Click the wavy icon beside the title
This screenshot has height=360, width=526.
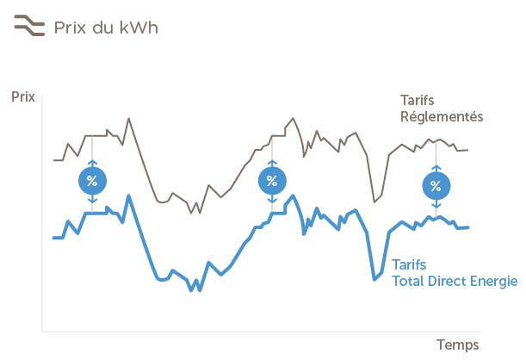click(x=28, y=28)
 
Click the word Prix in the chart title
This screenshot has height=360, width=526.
click(x=71, y=28)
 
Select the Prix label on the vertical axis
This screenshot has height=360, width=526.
click(x=22, y=96)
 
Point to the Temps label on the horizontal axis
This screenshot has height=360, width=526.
click(x=457, y=344)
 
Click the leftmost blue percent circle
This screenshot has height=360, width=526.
click(x=93, y=181)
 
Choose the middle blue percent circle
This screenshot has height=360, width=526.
click(x=272, y=181)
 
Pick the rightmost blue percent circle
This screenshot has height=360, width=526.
click(x=436, y=186)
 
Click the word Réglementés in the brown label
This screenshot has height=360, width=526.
click(x=442, y=116)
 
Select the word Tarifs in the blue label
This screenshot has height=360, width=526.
click(x=410, y=264)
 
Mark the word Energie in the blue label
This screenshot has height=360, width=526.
click(x=495, y=282)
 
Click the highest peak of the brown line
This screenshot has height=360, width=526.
click(x=129, y=117)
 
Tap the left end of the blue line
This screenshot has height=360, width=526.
click(x=54, y=239)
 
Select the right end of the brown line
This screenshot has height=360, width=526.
click(x=467, y=151)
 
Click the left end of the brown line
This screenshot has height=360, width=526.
click(x=54, y=160)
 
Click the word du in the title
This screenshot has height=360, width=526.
click(x=105, y=28)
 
